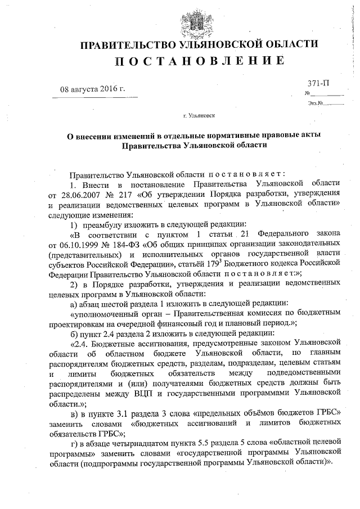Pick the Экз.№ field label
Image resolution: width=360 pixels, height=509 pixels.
314,103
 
